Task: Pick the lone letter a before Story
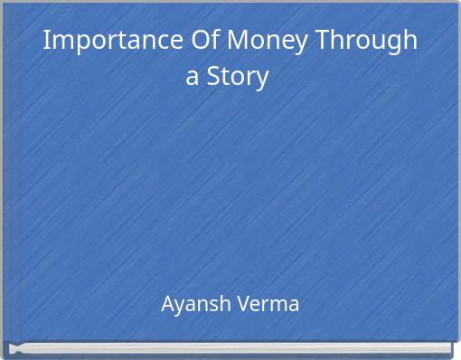tap(193, 78)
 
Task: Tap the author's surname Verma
tap(268, 304)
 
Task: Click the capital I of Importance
tap(47, 41)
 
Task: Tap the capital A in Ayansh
tap(167, 304)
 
